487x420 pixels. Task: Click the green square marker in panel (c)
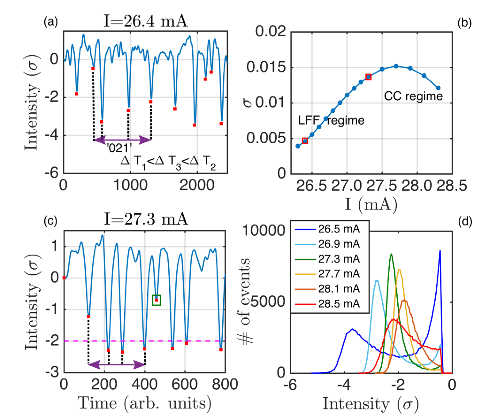click(156, 300)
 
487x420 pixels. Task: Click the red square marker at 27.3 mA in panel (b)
click(368, 77)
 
